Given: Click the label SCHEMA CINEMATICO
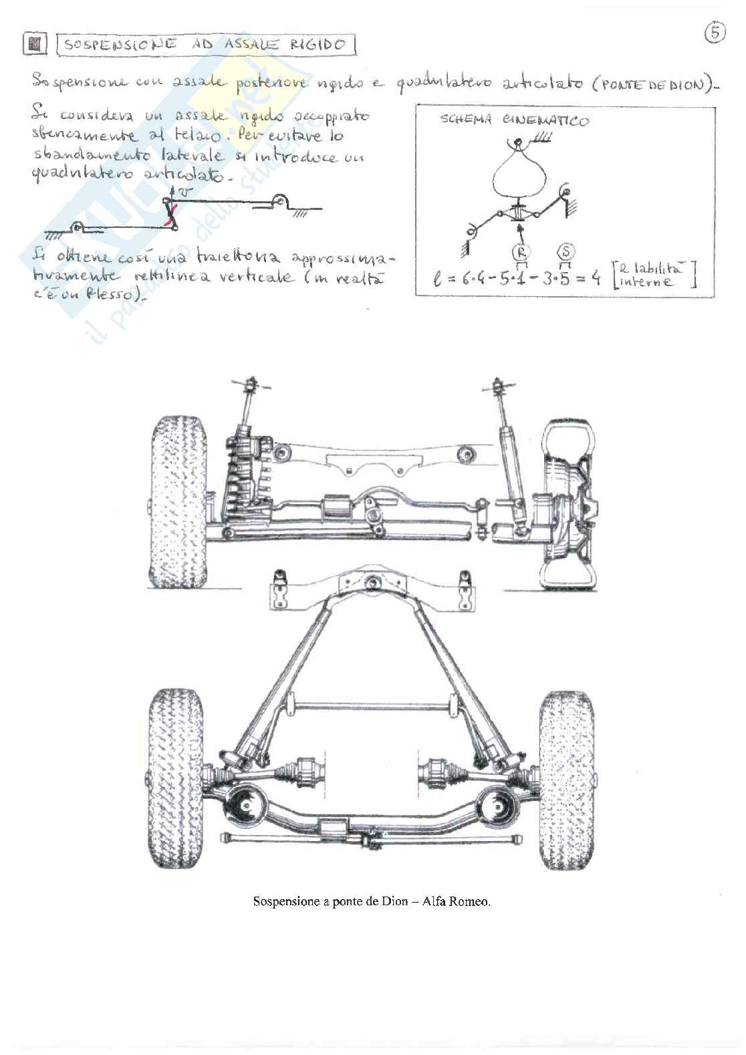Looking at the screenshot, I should point(514,121).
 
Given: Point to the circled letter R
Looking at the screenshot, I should point(520,252).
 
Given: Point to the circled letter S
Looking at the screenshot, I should point(566,252).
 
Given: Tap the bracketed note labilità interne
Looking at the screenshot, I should point(654,275).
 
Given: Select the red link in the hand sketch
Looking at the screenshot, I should point(172,215).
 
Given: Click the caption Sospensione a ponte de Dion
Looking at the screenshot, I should point(330,902).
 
